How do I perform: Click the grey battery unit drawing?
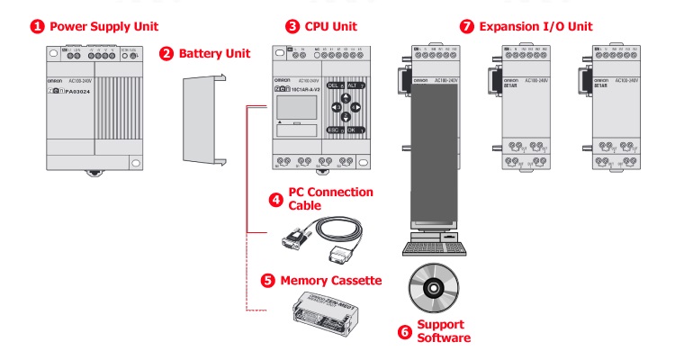click(x=199, y=122)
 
